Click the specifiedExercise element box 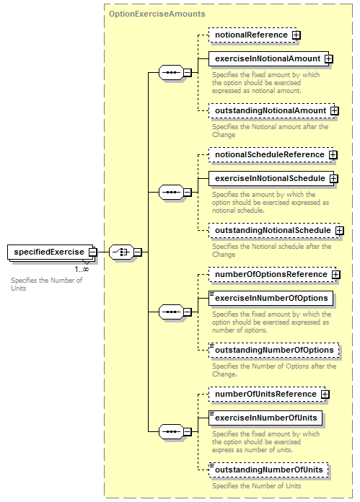coord(51,252)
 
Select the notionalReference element coord(253,35)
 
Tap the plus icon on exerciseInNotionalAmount coord(328,59)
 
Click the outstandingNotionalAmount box coord(271,111)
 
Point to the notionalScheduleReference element coord(271,154)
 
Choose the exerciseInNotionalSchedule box coord(271,178)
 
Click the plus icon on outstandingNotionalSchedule coord(340,231)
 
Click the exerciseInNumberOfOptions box coord(271,298)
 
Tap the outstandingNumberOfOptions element coord(274,351)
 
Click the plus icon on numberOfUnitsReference coord(325,394)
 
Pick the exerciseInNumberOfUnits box coord(265,418)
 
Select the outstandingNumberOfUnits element coord(268,470)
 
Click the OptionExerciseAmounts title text coord(157,14)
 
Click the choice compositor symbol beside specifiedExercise coord(121,252)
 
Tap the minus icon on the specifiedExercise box coord(92,252)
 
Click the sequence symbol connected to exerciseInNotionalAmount coord(172,73)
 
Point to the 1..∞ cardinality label coord(82,269)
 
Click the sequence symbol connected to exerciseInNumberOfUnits coord(172,431)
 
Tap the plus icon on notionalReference coord(297,35)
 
